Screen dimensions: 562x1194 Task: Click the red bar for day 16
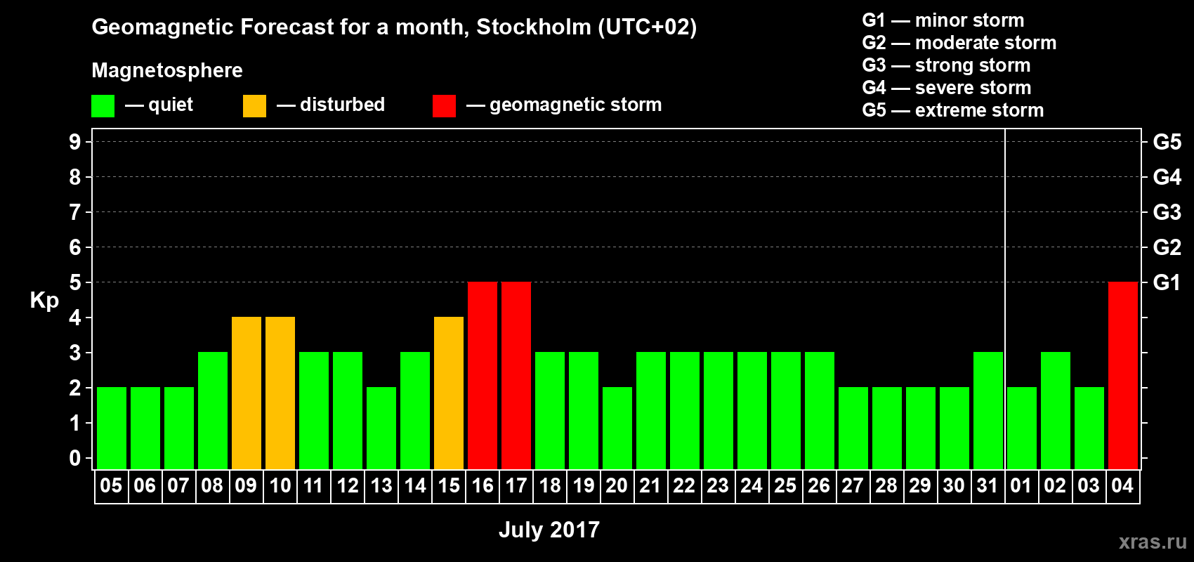[x=483, y=375]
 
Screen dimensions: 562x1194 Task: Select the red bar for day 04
[x=1122, y=375]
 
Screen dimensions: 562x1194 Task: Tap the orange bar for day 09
[x=247, y=393]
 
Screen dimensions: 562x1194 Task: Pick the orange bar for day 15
[x=449, y=393]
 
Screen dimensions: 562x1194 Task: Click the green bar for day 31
[x=988, y=410]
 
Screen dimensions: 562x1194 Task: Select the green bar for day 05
[x=112, y=428]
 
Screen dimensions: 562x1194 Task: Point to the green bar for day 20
[x=617, y=428]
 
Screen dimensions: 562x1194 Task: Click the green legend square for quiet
[x=103, y=106]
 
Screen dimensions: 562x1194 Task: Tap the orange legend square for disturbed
[x=254, y=106]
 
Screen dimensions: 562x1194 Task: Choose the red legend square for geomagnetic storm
[x=444, y=106]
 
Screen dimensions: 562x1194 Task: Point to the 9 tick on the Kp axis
[x=75, y=142]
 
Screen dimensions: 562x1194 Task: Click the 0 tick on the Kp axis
[x=75, y=458]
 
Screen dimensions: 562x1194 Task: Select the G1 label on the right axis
[x=1167, y=282]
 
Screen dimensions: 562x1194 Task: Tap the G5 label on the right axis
[x=1167, y=142]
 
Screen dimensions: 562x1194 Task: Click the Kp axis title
[x=44, y=301]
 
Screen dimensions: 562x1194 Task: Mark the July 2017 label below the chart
[x=549, y=530]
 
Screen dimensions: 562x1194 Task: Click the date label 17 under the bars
[x=516, y=485]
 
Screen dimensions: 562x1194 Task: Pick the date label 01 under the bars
[x=1021, y=485]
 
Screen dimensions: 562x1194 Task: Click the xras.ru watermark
[x=1153, y=542]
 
